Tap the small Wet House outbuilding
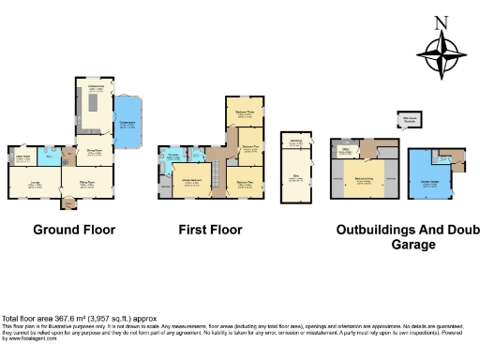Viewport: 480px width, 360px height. pyautogui.click(x=410, y=120)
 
